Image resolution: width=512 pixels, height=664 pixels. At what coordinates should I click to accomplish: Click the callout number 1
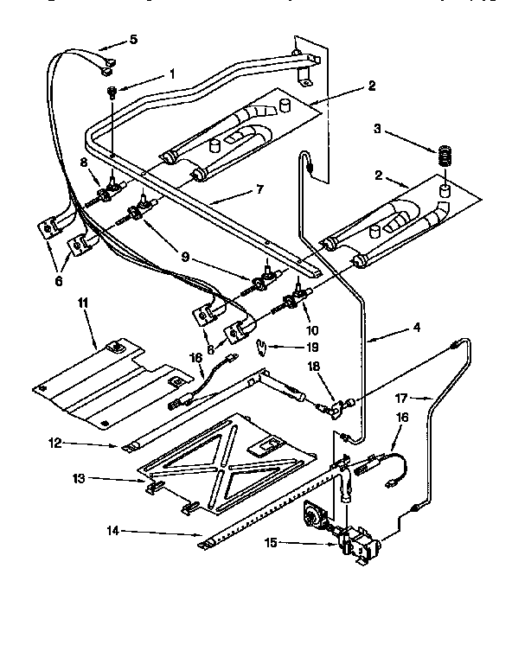pos(171,73)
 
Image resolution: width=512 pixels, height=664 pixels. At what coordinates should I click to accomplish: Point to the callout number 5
pos(133,39)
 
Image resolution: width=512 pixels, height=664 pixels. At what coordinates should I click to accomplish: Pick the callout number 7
pos(259,188)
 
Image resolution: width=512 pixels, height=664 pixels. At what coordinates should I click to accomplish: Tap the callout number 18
pos(313,366)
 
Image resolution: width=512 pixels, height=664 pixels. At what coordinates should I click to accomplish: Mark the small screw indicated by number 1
pos(112,93)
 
